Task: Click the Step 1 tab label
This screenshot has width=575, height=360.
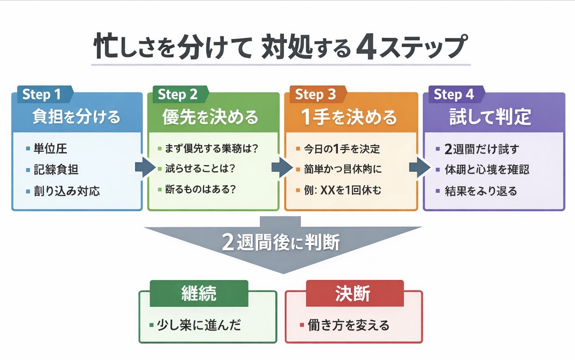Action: click(42, 94)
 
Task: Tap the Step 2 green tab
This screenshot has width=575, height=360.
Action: click(178, 94)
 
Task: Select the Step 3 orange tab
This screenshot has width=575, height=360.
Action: click(316, 94)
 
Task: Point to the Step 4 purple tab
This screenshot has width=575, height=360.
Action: click(453, 94)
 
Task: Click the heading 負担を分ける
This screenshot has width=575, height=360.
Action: click(77, 117)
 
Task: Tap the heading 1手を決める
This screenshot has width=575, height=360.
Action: click(349, 117)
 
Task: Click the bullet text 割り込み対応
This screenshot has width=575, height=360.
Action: click(67, 191)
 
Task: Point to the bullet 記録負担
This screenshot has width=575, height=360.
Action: click(56, 170)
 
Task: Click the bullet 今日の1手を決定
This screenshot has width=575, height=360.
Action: click(341, 149)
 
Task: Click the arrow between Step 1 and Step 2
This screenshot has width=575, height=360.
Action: click(145, 168)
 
